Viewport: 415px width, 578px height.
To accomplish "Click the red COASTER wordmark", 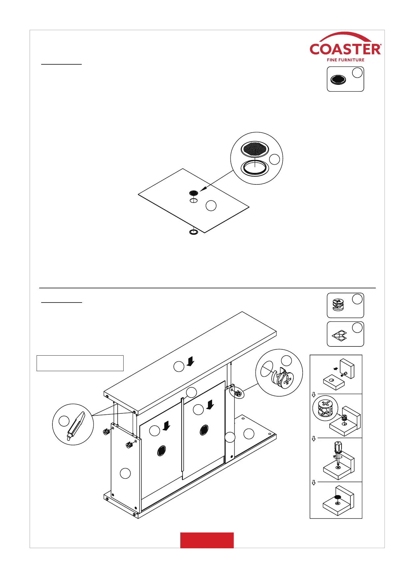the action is click(345, 49).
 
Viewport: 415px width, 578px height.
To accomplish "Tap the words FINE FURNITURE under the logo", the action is click(345, 60).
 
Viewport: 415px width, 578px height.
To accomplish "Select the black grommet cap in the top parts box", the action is click(338, 80).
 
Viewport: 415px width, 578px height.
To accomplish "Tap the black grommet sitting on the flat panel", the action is click(193, 193).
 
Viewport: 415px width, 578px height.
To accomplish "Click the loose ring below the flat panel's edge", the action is click(193, 232).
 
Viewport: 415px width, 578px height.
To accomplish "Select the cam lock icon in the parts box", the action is click(338, 305).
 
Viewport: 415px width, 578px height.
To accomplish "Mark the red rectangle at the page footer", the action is click(207, 540).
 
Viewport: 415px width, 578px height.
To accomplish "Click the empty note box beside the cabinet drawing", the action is click(80, 363).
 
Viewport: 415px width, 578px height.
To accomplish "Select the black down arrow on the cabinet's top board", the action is click(190, 362).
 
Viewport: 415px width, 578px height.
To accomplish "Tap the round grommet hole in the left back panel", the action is click(162, 450).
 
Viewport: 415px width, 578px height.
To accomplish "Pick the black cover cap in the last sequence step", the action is click(337, 497).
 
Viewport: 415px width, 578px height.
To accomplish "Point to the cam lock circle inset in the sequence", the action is click(325, 408).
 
